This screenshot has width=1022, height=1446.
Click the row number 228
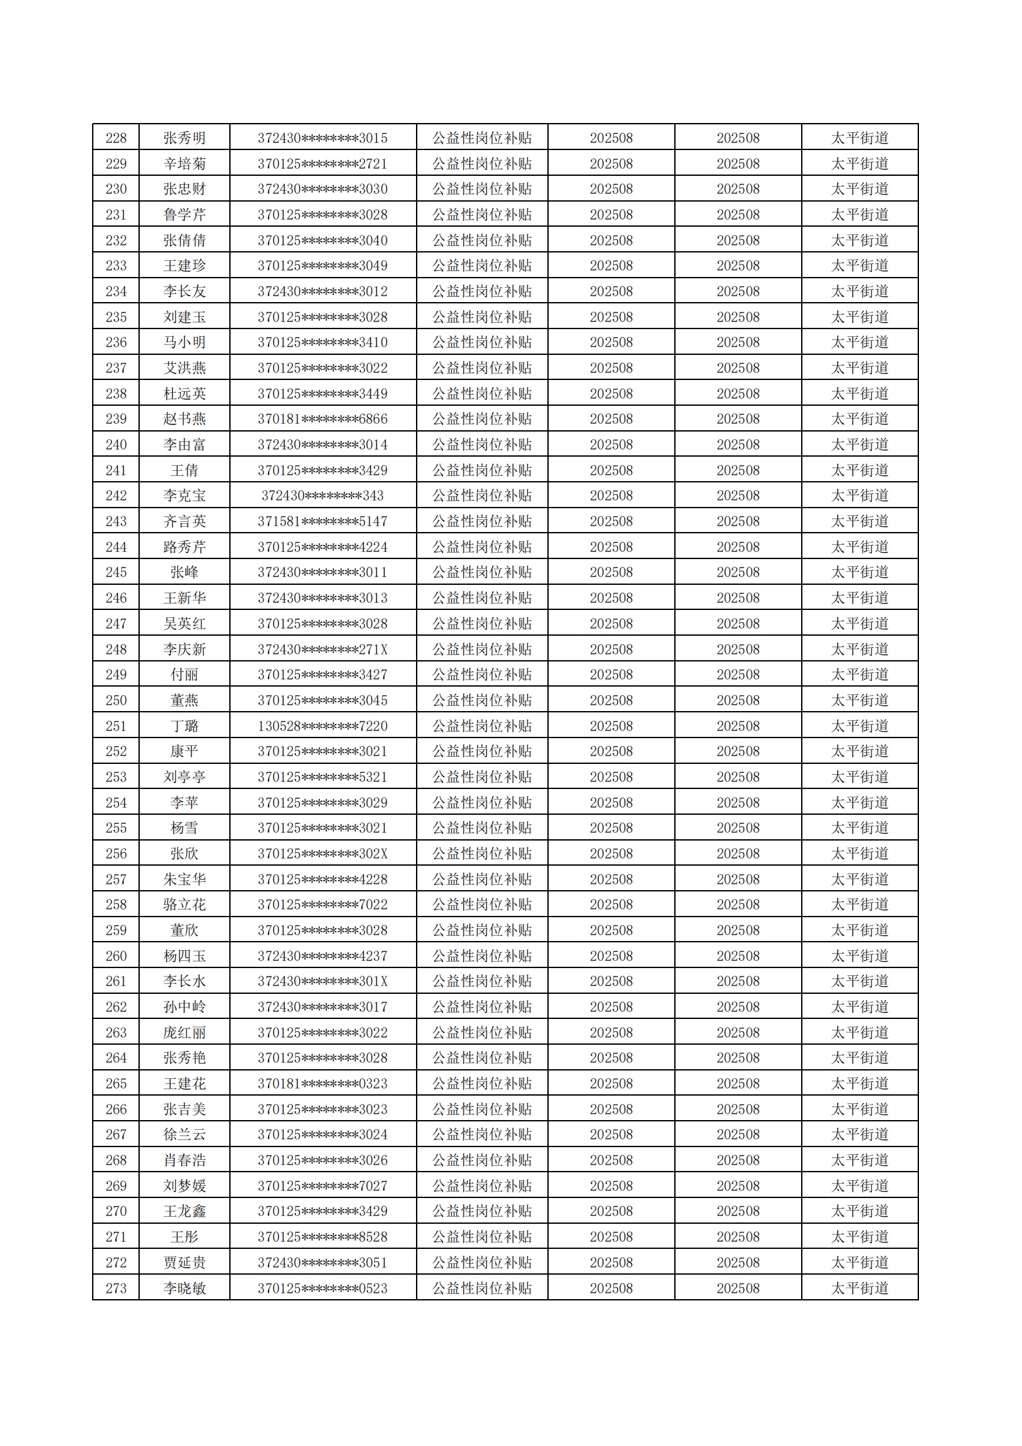[116, 138]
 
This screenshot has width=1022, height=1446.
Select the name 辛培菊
[184, 164]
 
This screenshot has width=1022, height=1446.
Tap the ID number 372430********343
[322, 496]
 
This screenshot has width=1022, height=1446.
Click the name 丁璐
[184, 726]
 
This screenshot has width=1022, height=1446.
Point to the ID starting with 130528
[322, 726]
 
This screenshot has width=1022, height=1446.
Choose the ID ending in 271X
[322, 649]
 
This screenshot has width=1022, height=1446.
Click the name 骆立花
[184, 905]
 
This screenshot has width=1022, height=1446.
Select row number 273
[116, 1288]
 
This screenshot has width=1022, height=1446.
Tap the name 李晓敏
[184, 1288]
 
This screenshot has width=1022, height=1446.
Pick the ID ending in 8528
[322, 1237]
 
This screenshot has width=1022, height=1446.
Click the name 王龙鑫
[184, 1212]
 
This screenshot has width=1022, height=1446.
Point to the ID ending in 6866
[322, 419]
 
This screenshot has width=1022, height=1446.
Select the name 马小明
[184, 343]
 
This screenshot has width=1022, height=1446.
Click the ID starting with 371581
[322, 522]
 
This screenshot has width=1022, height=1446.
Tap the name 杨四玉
[184, 956]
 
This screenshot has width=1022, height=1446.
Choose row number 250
[116, 700]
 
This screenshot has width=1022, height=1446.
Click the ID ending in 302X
[322, 854]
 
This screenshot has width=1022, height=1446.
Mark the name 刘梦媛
[184, 1186]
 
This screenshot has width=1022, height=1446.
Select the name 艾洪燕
[184, 368]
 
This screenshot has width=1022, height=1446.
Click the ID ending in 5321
[322, 777]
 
